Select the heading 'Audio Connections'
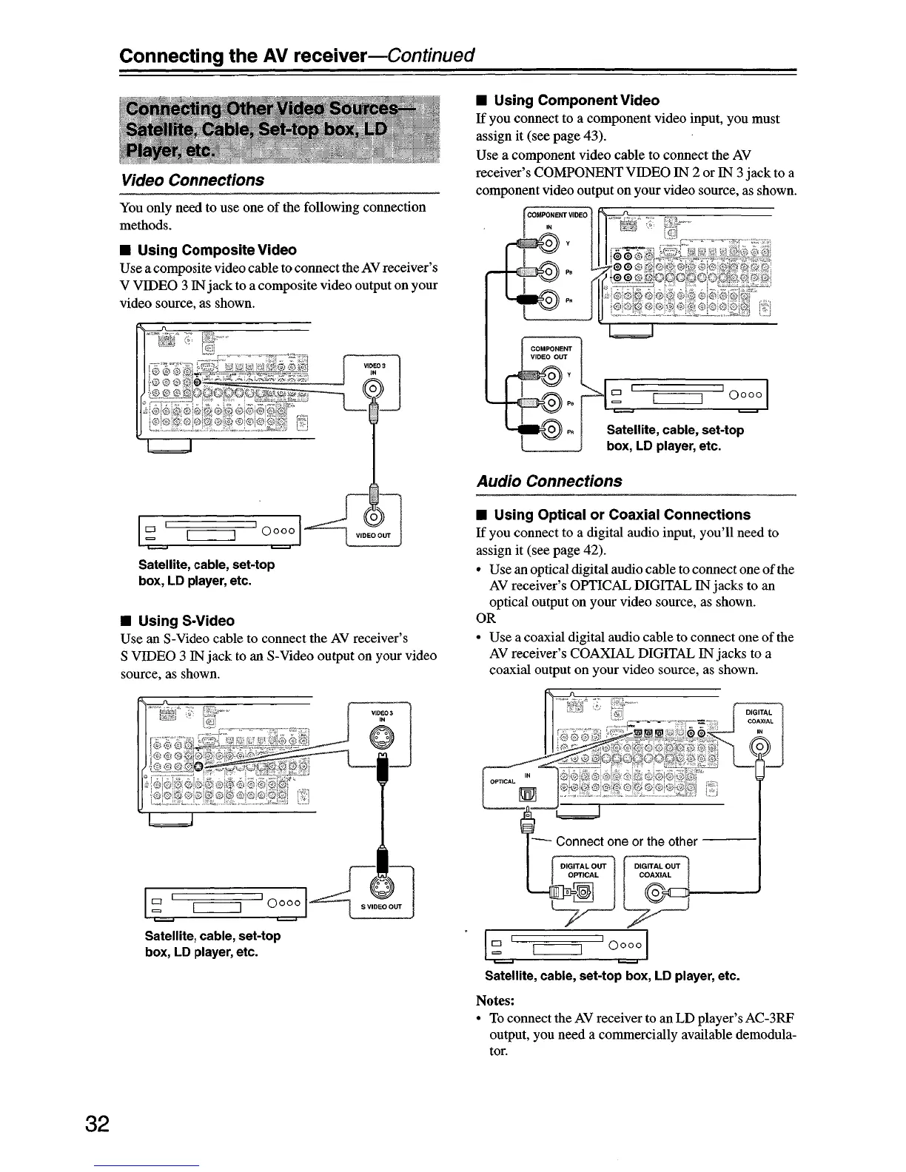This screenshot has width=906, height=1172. [548, 481]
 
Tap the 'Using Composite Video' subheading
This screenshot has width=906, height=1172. [217, 250]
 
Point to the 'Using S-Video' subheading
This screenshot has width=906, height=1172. [186, 621]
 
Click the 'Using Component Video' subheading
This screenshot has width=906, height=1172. [576, 100]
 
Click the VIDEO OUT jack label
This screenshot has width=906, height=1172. [374, 536]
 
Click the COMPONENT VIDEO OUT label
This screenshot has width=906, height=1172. [548, 352]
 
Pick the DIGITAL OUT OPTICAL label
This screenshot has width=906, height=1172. [583, 870]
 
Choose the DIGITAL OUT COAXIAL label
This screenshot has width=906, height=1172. [655, 870]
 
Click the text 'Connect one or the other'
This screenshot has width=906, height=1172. [626, 841]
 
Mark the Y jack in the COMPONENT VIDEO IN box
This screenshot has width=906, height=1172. [548, 240]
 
